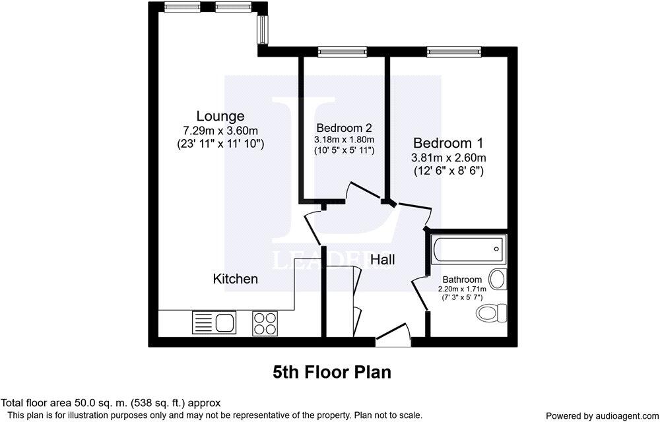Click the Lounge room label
tap(220, 116)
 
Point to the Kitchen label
tap(235, 279)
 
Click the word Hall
tap(382, 260)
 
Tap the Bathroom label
tap(462, 280)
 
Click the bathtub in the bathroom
tap(467, 249)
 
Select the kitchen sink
tap(214, 323)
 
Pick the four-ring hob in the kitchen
tap(265, 323)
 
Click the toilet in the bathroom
tap(492, 311)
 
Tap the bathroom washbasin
tap(498, 280)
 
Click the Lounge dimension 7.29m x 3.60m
tap(220, 130)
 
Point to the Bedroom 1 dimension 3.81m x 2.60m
tap(448, 158)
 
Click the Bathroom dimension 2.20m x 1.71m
tap(462, 289)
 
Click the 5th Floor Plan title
tap(332, 372)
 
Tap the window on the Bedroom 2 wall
tap(342, 51)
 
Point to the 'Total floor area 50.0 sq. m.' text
tap(111, 402)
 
